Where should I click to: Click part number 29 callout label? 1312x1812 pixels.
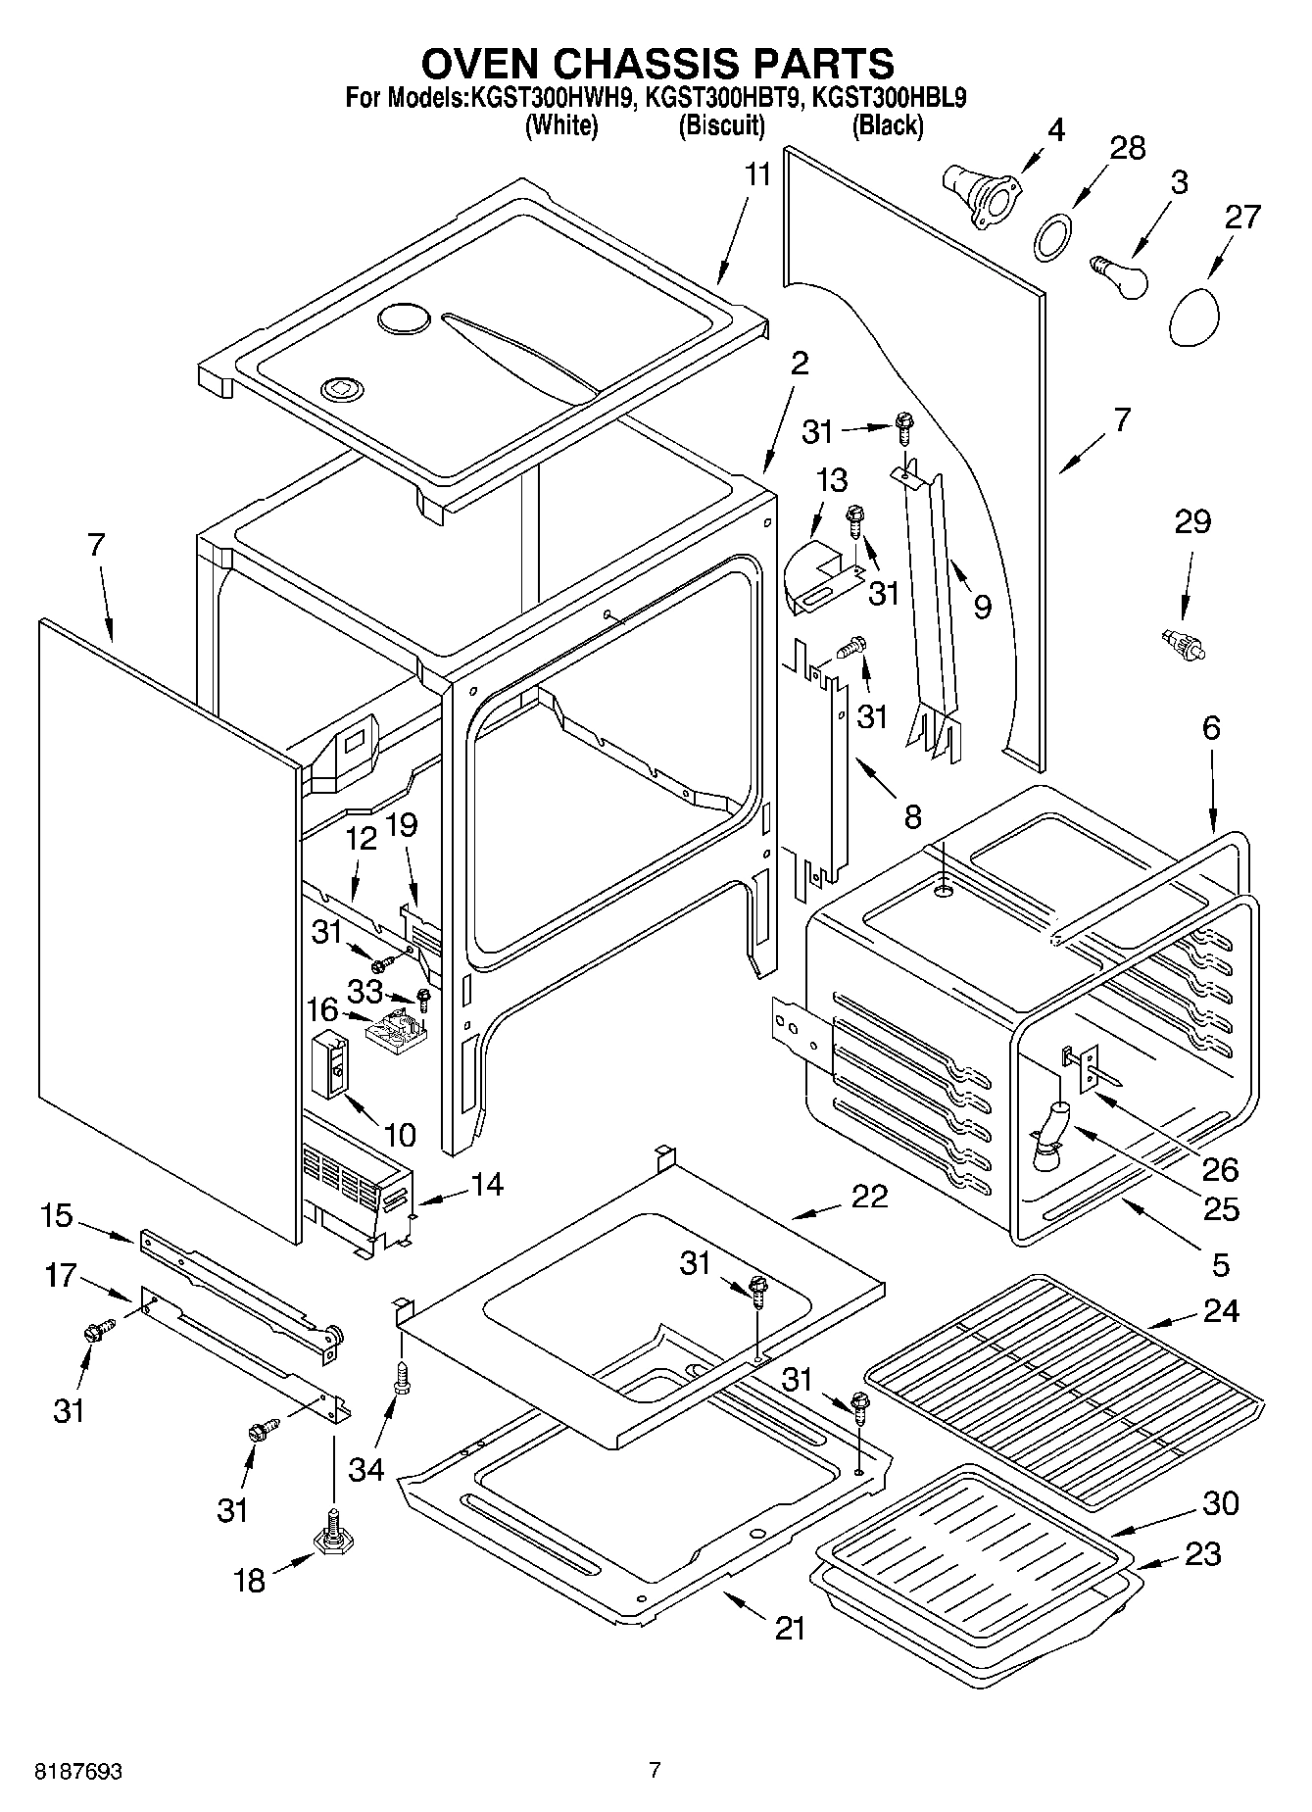[x=1192, y=522]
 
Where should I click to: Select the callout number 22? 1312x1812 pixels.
[x=868, y=1197]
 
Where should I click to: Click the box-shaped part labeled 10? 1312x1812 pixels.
[x=329, y=1064]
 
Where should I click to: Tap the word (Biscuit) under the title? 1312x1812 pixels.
[x=721, y=125]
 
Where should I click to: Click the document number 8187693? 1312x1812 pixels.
[x=78, y=1771]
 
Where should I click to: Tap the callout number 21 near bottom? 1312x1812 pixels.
[x=790, y=1628]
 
